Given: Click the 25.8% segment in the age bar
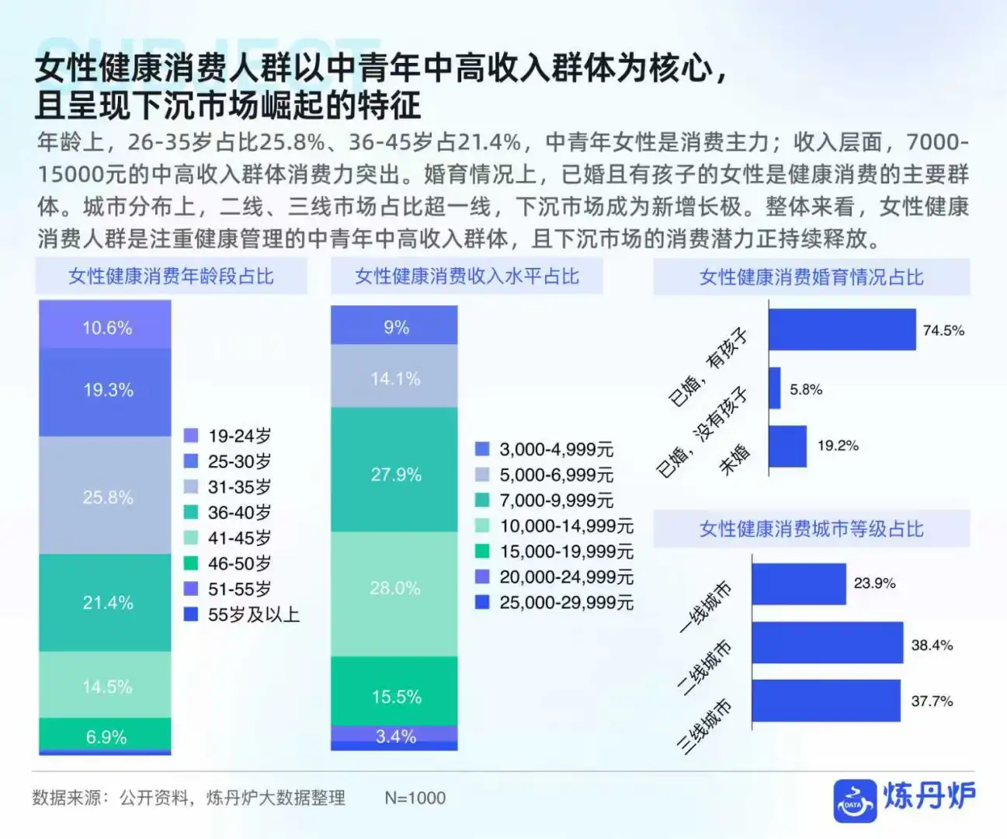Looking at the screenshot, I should [105, 496].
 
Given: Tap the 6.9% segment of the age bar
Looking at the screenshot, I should [105, 734].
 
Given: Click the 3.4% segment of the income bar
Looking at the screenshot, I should [394, 734].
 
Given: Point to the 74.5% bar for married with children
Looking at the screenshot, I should [842, 329].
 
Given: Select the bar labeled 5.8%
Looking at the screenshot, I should [775, 388].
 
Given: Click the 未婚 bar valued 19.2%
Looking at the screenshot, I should [787, 446].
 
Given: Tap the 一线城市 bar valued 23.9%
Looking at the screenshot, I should [798, 584].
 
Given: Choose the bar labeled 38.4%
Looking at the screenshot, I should [827, 642].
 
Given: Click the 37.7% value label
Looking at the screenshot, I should [932, 701].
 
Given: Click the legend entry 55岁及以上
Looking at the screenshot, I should [253, 614].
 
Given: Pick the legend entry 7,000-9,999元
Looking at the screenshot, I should [556, 500].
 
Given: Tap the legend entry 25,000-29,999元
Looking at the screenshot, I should [566, 602].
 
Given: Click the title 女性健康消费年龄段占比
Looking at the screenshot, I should [171, 277].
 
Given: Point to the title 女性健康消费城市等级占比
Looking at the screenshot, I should [811, 529].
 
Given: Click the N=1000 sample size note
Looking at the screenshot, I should [415, 798].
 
